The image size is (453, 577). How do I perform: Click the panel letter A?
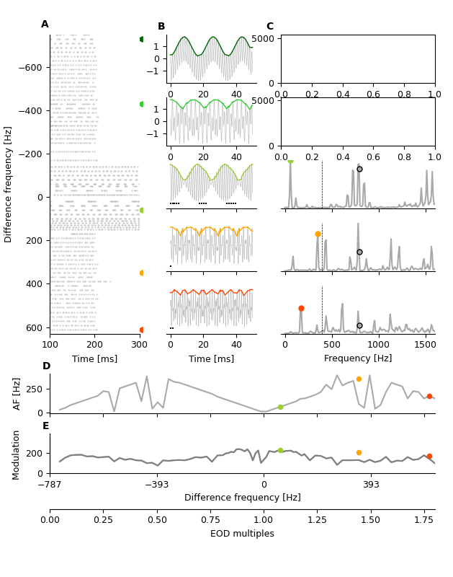coord(45,25)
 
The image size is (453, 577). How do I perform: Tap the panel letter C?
coord(270,27)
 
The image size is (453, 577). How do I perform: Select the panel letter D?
coord(46,366)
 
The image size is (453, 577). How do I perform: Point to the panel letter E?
coord(46,426)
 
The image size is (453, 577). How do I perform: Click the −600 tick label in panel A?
coord(30,68)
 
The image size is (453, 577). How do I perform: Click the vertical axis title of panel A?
coord(9,184)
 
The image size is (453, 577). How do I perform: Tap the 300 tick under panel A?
coord(139,345)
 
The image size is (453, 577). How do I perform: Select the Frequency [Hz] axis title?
coord(358,358)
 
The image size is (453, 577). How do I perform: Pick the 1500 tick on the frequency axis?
coord(425,345)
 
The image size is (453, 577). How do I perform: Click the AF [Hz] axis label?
coord(17,394)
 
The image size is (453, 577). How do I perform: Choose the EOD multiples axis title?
coord(242,534)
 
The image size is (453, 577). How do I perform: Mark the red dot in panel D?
coord(429,396)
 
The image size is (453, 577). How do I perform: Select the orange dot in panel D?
coord(359,379)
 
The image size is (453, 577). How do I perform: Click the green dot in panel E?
coord(280,450)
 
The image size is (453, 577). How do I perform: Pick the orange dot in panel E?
coord(359,452)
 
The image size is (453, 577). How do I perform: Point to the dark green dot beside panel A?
coord(141,39)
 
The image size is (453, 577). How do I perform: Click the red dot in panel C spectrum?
coord(301,308)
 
